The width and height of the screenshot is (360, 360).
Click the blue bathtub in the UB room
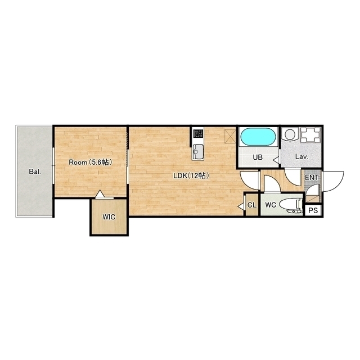tap(258, 137)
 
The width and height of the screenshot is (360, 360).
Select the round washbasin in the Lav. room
tap(290, 134)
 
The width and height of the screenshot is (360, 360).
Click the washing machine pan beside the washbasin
tap(310, 135)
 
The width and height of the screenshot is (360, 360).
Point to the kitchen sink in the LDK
tap(197, 152)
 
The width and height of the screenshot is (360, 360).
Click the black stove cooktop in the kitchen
tap(198, 133)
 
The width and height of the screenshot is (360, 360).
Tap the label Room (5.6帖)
tap(91, 163)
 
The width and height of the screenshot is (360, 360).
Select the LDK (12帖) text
tap(191, 176)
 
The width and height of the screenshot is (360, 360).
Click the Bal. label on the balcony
tap(35, 172)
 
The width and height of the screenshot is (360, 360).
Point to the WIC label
tap(109, 217)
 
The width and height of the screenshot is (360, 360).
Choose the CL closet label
tap(252, 205)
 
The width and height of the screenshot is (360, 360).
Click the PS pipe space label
tap(313, 210)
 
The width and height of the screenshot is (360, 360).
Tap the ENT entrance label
tap(312, 178)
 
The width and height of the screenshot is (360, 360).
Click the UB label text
tap(258, 157)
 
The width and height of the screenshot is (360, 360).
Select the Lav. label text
tap(301, 157)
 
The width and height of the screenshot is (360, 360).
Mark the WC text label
tap(271, 205)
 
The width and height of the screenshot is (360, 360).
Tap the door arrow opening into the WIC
tap(100, 194)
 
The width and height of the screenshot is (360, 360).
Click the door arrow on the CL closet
tap(241, 206)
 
